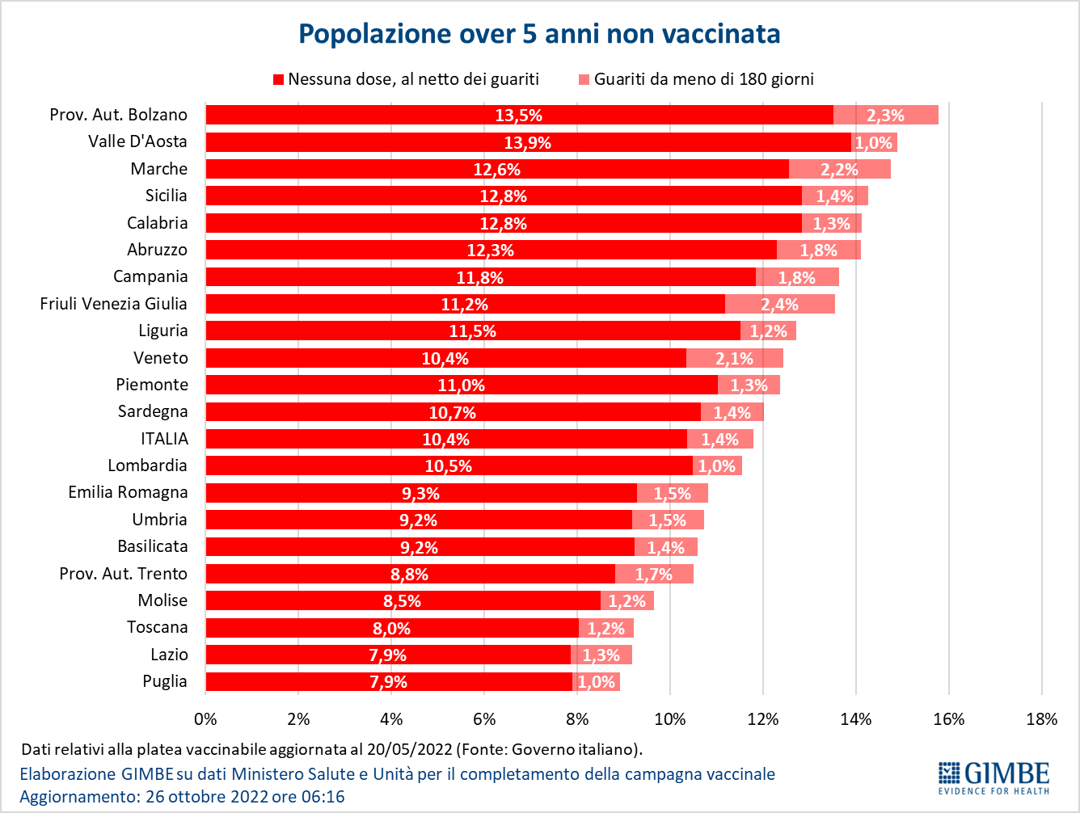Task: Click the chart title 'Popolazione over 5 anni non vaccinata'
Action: click(x=539, y=33)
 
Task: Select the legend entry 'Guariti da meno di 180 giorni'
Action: click(x=703, y=79)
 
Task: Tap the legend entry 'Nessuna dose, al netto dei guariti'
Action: click(x=413, y=79)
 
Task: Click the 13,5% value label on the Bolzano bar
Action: click(x=518, y=116)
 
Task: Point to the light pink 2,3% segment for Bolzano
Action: click(x=885, y=116)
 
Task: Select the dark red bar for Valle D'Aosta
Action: click(x=528, y=142)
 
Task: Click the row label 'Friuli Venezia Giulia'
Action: click(x=113, y=304)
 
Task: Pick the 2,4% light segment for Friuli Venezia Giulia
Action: click(x=779, y=305)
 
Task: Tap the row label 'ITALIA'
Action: click(x=164, y=439)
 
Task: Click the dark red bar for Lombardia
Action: click(x=449, y=466)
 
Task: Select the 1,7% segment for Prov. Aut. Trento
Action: click(x=654, y=575)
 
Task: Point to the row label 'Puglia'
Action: click(x=165, y=681)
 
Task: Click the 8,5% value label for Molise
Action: click(x=402, y=601)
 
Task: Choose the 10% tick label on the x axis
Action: click(x=669, y=719)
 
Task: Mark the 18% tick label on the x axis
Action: click(x=1041, y=719)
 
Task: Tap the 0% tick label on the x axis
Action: click(x=206, y=719)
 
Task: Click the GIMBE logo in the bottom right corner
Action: click(x=994, y=777)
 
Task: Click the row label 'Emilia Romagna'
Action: click(x=128, y=493)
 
